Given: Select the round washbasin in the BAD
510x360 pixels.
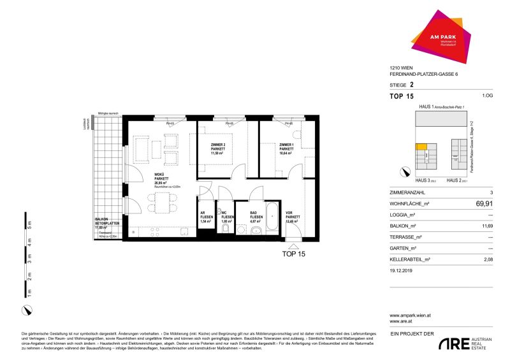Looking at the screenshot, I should click(x=256, y=231).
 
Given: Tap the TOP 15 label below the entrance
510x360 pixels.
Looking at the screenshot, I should click(x=294, y=253).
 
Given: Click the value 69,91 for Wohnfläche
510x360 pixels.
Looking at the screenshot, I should click(x=483, y=205).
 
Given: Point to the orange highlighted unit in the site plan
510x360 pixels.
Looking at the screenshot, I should click(x=421, y=147).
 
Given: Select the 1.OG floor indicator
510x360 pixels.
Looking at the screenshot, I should click(x=487, y=96).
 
